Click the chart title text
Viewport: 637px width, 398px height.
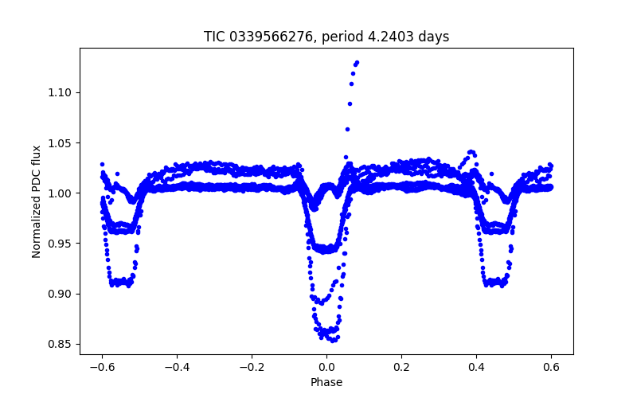coord(326,37)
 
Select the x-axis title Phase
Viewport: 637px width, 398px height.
coord(326,382)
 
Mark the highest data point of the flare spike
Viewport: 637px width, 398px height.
coord(357,62)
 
